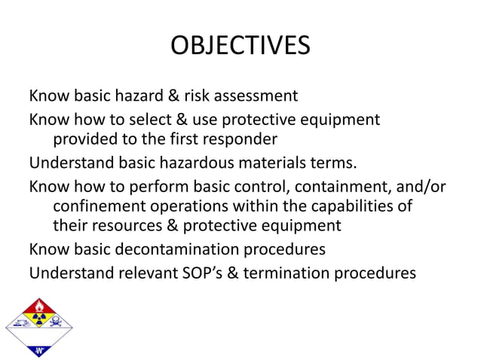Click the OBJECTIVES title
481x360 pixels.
point(240,45)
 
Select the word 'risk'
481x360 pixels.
point(198,96)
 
